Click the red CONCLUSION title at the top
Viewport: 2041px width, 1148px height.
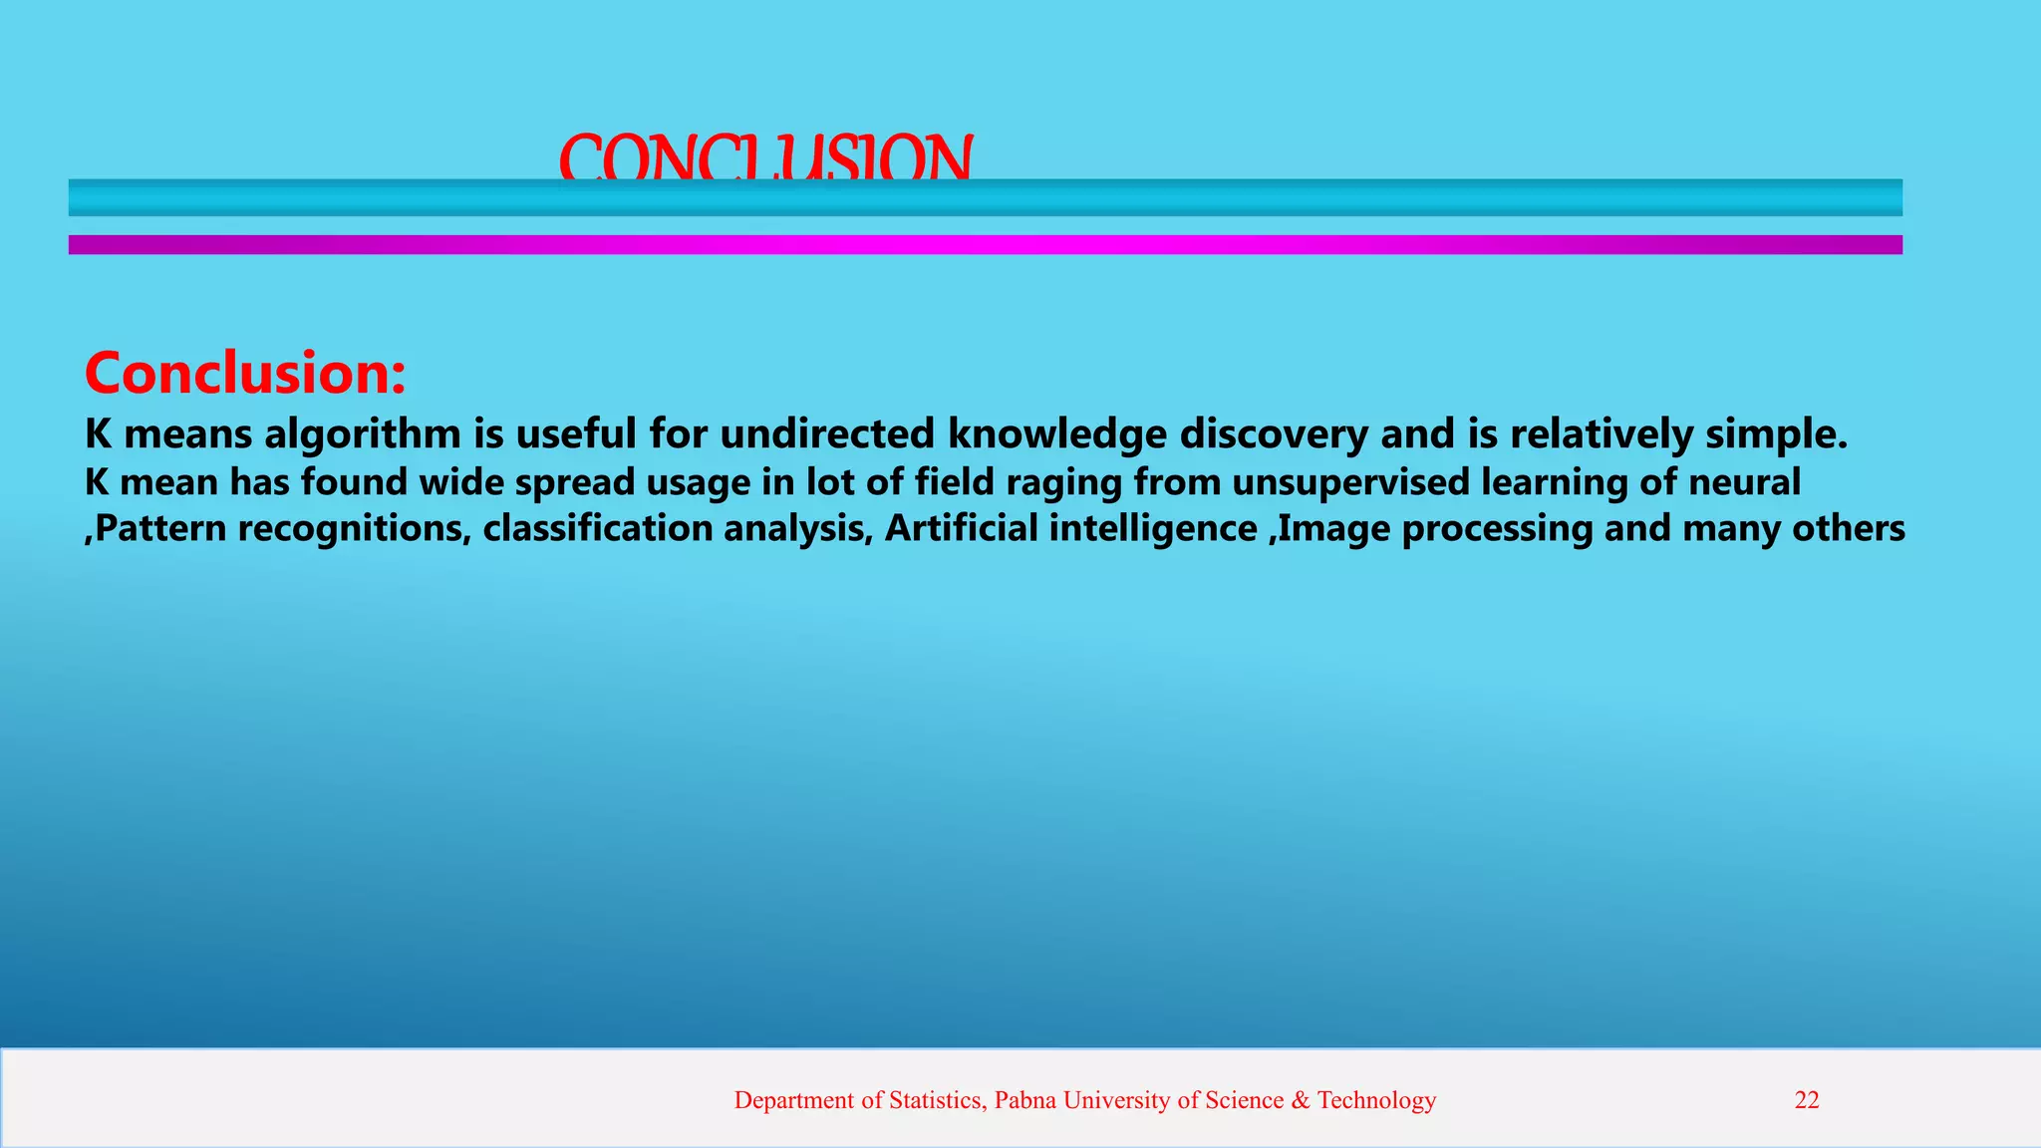pyautogui.click(x=765, y=157)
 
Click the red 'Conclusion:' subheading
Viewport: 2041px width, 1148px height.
pyautogui.click(x=245, y=373)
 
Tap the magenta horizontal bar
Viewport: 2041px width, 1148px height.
pyautogui.click(x=985, y=244)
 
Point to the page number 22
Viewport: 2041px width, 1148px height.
pyautogui.click(x=1807, y=1100)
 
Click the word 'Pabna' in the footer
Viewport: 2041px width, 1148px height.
pyautogui.click(x=1025, y=1100)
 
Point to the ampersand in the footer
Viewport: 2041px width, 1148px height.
pyautogui.click(x=1301, y=1100)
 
